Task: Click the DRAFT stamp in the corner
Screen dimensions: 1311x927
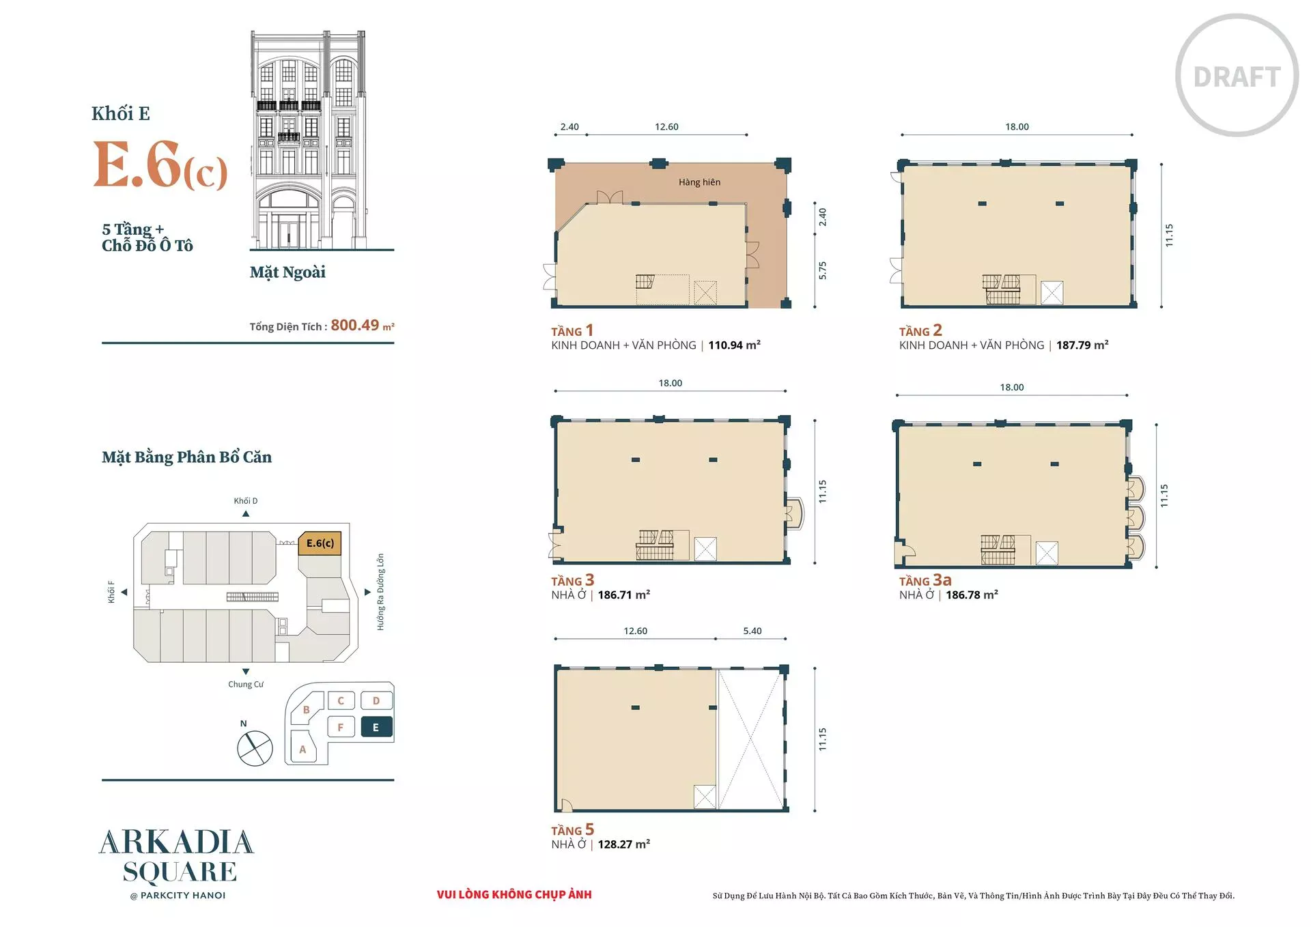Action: coord(1237,76)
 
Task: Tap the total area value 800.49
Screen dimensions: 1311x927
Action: coord(354,325)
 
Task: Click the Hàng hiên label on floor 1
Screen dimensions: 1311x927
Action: coord(699,182)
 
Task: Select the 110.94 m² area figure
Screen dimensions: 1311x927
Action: coord(734,345)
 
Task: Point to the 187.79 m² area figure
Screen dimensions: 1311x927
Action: coord(1082,345)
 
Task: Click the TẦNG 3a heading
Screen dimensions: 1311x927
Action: coord(925,580)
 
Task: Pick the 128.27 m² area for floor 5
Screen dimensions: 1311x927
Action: coord(623,844)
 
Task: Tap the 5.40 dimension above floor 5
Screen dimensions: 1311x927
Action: coord(752,631)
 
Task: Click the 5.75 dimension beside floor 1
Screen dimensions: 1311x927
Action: coord(823,270)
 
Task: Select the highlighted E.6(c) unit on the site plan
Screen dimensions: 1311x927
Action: coord(320,544)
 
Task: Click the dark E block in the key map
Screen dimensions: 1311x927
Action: coord(376,728)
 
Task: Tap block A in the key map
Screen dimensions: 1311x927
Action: coord(303,749)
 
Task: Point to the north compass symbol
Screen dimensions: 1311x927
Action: coord(255,747)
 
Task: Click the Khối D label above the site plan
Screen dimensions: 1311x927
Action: coord(246,500)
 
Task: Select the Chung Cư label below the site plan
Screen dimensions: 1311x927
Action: coord(246,684)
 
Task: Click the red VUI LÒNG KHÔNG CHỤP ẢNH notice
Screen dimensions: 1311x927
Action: coord(514,894)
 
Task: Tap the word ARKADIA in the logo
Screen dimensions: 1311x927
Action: coord(177,842)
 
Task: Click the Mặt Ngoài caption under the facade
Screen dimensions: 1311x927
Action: coord(287,272)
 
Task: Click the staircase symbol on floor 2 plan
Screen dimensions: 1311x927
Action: coord(1002,289)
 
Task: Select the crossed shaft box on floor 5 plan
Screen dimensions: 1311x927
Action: coord(705,797)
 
